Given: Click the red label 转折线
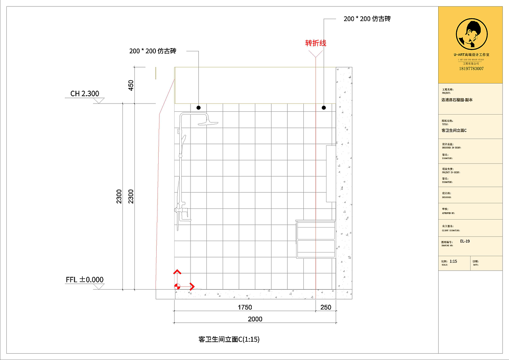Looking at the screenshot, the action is pos(316,43).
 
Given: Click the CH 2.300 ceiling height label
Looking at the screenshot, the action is pos(85,94).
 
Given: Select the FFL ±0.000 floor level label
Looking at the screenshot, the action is pos(85,280).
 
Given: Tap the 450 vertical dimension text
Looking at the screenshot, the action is pos(131,86).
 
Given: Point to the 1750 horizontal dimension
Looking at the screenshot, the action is pos(245,307).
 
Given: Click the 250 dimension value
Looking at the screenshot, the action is pos(326,307).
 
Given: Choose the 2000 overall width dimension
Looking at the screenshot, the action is pos(255,319).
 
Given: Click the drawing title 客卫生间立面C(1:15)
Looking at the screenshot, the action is pos(229,339).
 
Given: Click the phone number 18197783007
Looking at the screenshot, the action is pos(471,68).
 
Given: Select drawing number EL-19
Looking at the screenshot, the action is pos(465,241).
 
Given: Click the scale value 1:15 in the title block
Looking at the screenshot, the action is pos(453,261).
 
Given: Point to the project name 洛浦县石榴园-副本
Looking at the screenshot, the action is pos(457,100).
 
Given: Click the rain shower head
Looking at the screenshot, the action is pos(208,122).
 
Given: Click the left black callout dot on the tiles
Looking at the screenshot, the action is pos(198,108).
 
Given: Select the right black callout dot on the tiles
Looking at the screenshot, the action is pos(324,108).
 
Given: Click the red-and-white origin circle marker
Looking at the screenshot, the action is pos(177,286).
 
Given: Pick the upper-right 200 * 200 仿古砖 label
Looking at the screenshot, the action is pos(367,19).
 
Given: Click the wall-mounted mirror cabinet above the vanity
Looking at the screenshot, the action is pos(331,173).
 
